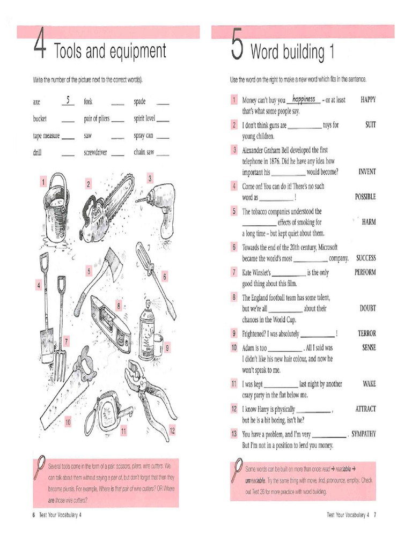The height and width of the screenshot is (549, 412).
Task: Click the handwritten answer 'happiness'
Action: click(304, 99)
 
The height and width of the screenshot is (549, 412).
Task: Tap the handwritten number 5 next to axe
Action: click(68, 100)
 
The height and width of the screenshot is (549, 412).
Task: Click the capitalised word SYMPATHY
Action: click(363, 434)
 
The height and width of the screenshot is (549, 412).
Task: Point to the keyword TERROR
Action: click(366, 333)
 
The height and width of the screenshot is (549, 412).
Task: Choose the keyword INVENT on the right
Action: click(367, 172)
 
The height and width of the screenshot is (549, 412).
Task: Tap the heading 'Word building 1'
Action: click(292, 52)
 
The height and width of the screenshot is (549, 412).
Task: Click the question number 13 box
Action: click(234, 434)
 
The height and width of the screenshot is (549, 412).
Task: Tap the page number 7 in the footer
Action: click(375, 515)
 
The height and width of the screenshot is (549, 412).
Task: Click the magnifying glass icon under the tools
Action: click(39, 467)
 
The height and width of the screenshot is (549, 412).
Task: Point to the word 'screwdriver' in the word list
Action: click(95, 152)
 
